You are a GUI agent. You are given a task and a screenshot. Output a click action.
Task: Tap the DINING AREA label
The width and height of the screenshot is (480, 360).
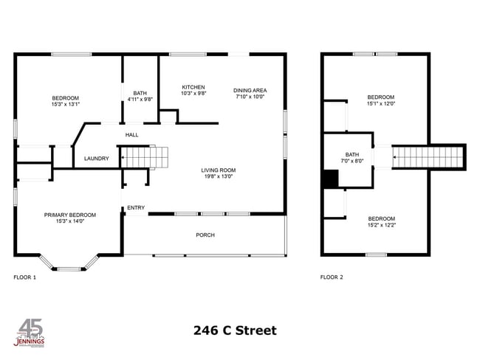[x=250, y=90]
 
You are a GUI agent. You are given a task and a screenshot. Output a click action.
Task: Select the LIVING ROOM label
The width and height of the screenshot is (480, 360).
[x=219, y=170]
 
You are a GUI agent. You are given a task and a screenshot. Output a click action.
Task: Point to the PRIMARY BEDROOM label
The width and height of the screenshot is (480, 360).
[x=70, y=215]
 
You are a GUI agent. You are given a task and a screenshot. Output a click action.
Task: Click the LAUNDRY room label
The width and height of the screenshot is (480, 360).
[x=97, y=159]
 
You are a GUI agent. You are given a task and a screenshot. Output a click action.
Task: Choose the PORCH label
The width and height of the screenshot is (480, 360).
[x=205, y=235]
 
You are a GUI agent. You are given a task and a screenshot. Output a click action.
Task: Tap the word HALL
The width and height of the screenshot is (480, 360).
[x=132, y=135]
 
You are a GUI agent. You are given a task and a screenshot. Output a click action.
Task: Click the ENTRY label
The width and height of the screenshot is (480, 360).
[x=136, y=208]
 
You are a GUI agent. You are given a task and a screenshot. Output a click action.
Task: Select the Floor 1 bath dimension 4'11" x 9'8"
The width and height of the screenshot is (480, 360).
[x=140, y=99]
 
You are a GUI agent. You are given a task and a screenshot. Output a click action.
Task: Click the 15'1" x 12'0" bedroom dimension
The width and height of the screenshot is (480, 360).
[x=381, y=104]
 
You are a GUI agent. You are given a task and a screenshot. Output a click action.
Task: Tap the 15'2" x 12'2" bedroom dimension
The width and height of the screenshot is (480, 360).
[x=381, y=225]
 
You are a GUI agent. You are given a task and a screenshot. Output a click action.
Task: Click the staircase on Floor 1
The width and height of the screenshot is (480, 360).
[x=145, y=156]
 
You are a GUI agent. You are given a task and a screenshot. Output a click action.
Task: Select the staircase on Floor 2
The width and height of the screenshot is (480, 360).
[x=428, y=157]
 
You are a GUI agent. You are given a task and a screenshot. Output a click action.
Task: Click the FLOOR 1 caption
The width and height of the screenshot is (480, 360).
[x=25, y=277]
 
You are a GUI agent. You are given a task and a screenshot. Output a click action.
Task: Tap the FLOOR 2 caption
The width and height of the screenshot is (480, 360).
[x=332, y=277]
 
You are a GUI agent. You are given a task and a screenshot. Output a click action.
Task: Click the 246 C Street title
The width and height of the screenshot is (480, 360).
[x=235, y=330]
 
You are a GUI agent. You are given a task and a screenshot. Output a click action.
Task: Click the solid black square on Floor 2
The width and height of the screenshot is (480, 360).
[x=330, y=179]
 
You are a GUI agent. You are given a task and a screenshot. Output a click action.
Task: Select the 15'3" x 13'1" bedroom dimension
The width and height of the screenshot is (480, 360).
[x=65, y=104]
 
